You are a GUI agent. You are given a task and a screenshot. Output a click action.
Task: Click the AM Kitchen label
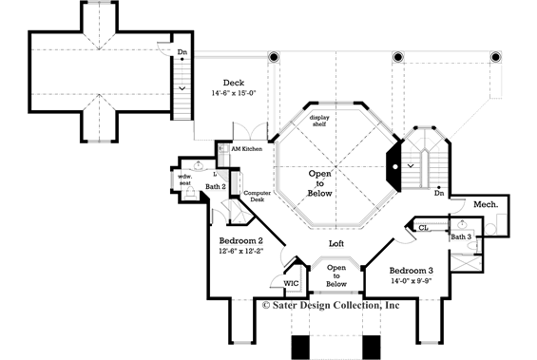pyautogui.click(x=246, y=150)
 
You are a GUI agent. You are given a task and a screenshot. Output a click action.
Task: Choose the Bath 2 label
pyautogui.click(x=217, y=187)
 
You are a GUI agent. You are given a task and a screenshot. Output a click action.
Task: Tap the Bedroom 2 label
pyautogui.click(x=241, y=242)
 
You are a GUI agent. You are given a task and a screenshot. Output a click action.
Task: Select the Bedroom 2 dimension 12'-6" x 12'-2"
pyautogui.click(x=241, y=253)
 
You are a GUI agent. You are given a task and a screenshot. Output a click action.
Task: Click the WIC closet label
pyautogui.click(x=292, y=283)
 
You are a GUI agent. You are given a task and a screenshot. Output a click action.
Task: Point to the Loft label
pyautogui.click(x=336, y=244)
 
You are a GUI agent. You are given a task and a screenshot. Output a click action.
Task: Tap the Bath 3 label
pyautogui.click(x=461, y=236)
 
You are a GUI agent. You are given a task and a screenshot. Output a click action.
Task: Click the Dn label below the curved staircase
pyautogui.click(x=438, y=194)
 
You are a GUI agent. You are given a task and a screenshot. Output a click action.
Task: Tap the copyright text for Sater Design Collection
pyautogui.click(x=332, y=305)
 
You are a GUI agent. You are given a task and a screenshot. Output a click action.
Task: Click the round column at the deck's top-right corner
pyautogui.click(x=275, y=57)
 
